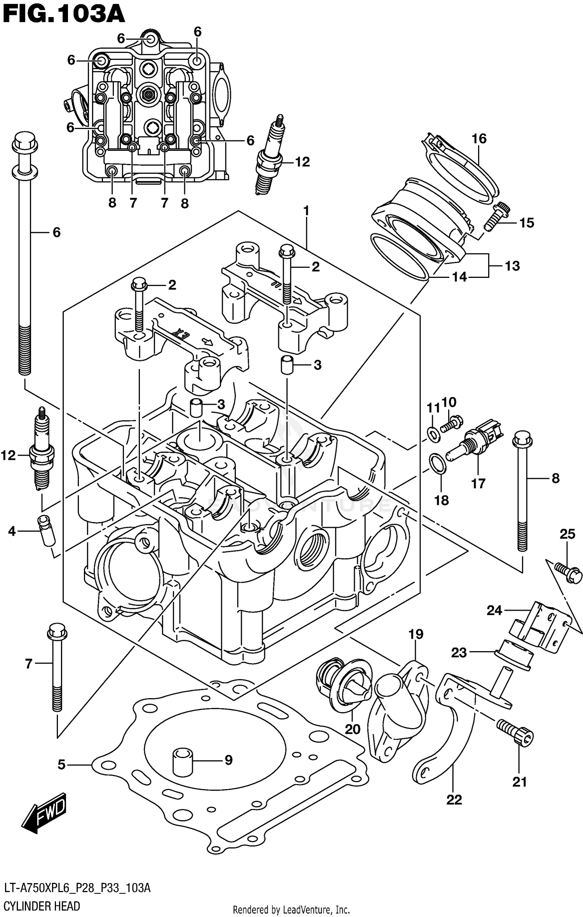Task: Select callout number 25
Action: coord(567,534)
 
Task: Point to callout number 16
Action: coord(479,139)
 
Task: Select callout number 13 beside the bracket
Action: coord(512,266)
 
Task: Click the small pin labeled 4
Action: coord(47,530)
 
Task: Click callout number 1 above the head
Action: coord(306,211)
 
